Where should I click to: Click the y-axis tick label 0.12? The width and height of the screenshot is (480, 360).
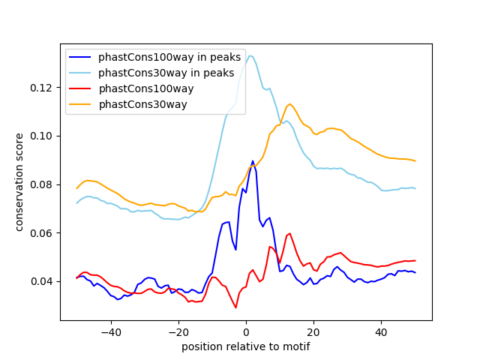pos(41,88)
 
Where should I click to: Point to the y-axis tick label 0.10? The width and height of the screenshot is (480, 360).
pos(41,136)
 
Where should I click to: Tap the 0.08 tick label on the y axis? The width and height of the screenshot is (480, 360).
pos(41,184)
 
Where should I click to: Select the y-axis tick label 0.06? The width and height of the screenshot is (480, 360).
pos(41,233)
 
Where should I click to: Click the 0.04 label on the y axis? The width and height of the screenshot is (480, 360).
pos(41,282)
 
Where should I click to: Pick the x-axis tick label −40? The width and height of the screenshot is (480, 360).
pos(111,332)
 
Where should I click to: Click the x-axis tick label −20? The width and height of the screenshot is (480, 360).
pos(178,332)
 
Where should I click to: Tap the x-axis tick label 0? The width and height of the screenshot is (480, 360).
pos(246,332)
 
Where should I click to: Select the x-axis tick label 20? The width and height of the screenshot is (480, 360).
pos(313,332)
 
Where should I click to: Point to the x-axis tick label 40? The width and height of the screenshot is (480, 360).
pos(381,332)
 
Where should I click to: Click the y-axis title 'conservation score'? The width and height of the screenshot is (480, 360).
pos(19,182)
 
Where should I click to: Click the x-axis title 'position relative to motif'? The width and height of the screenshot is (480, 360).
pos(246,346)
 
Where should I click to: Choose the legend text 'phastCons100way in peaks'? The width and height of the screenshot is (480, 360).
pos(169,57)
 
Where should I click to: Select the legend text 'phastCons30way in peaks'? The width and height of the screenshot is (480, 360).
pos(166,73)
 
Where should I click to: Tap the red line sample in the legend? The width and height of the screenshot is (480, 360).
pos(80,88)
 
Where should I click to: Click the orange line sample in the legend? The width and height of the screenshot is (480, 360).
pos(80,105)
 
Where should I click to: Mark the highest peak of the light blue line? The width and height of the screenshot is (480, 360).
pos(250,55)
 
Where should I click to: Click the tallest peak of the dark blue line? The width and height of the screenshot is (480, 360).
pos(253,160)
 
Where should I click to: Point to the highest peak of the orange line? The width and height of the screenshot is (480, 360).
pos(290,104)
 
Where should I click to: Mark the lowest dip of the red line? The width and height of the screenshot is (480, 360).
pos(235,307)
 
